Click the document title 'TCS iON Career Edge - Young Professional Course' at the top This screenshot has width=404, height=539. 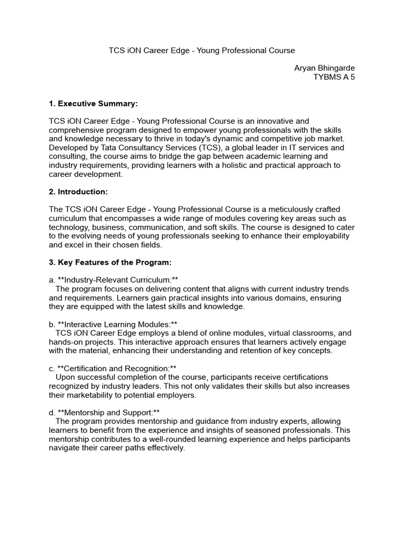(201, 51)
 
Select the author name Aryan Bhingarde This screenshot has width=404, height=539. (325, 68)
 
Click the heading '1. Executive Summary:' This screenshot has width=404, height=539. (97, 103)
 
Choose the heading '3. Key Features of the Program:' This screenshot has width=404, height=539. (110, 262)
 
